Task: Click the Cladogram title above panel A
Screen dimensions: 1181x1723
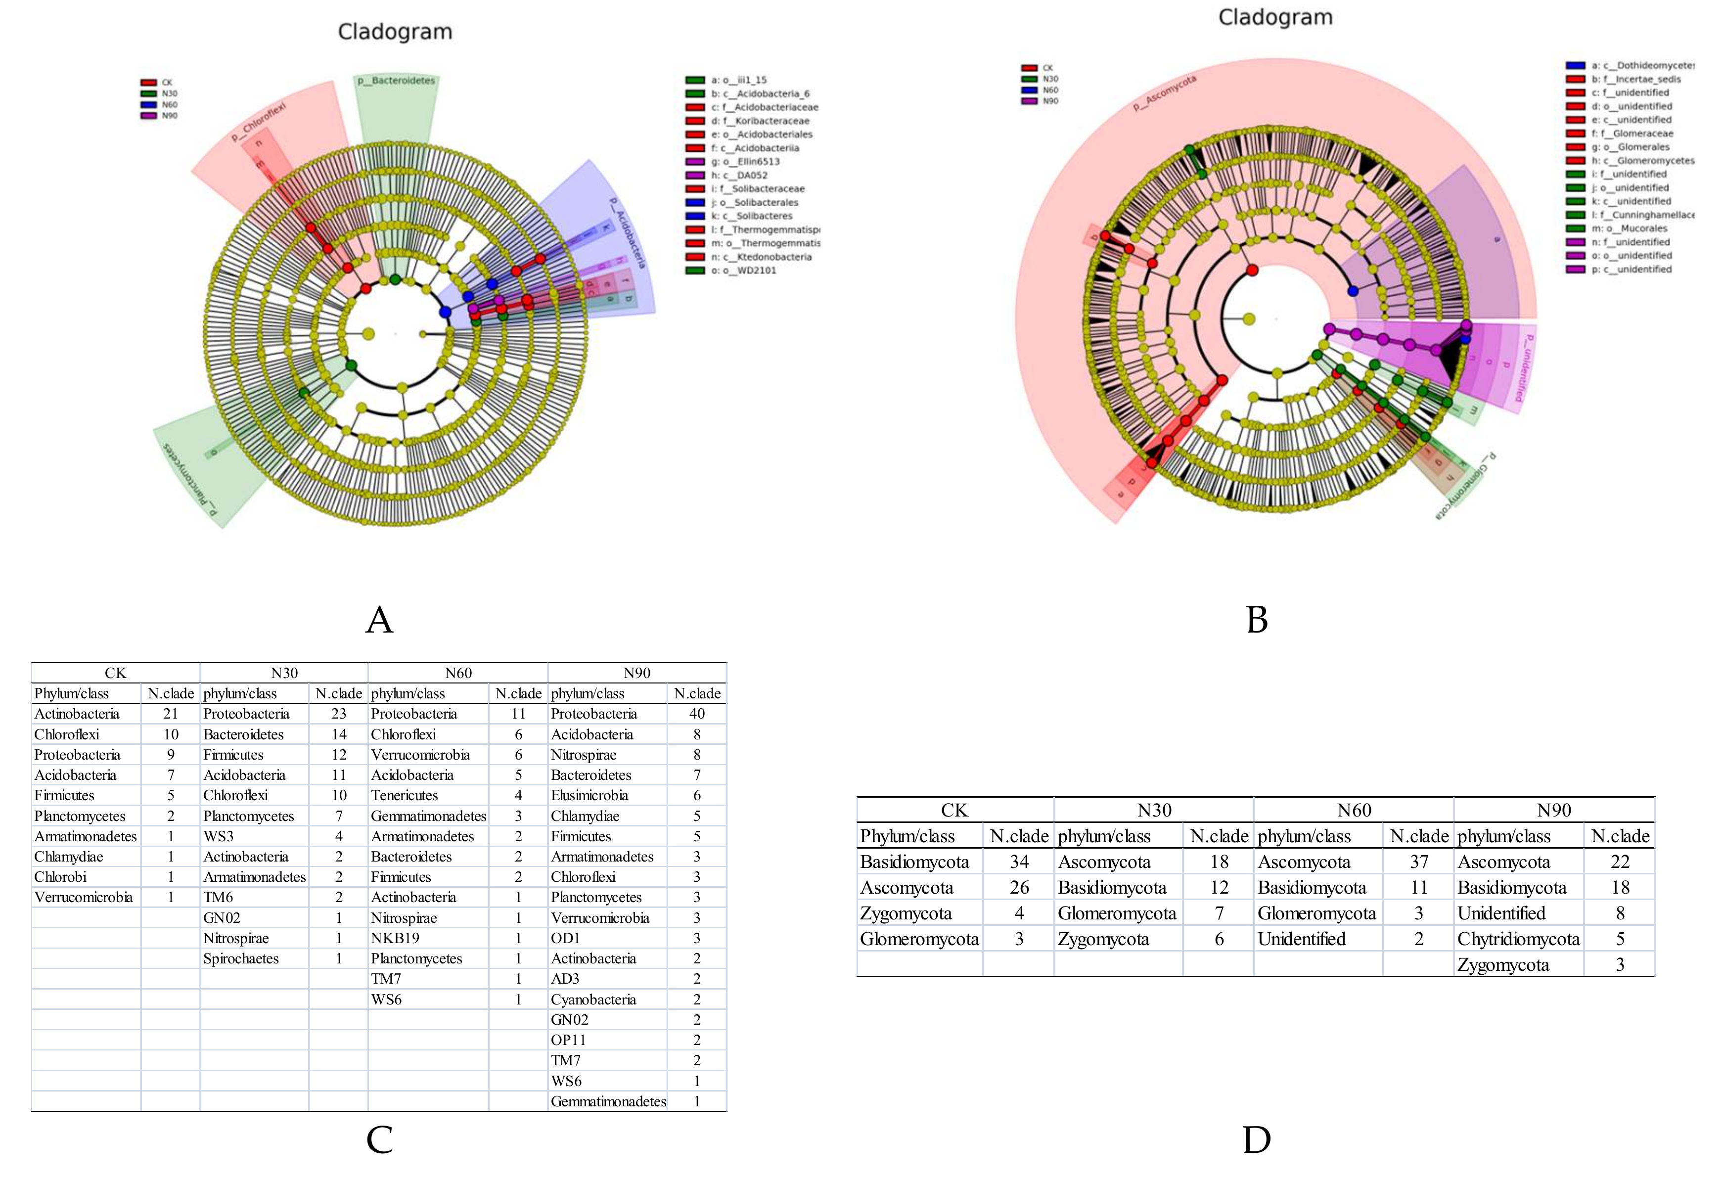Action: (395, 32)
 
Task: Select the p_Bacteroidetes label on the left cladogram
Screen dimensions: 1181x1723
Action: (396, 81)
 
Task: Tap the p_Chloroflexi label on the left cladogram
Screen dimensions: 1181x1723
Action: (258, 122)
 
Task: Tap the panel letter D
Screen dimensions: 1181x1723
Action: (1257, 1139)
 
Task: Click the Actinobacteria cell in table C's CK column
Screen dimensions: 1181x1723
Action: (77, 714)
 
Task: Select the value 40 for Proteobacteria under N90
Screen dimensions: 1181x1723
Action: (696, 714)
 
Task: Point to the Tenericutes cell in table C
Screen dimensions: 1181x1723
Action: (405, 795)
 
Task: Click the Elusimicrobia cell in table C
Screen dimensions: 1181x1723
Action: (589, 795)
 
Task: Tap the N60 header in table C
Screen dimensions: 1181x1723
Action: (458, 673)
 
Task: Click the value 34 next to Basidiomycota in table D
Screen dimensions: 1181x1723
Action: (1019, 862)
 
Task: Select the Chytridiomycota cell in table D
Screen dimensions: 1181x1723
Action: (1518, 939)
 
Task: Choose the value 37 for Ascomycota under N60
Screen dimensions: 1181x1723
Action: (1418, 862)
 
